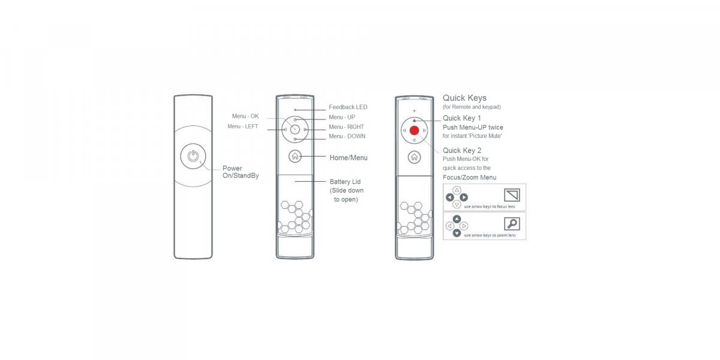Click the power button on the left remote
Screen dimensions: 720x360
point(193,156)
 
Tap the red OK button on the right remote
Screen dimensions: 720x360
point(415,130)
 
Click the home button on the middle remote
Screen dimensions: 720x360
point(295,156)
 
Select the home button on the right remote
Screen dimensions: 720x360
point(415,157)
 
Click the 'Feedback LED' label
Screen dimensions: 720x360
point(348,107)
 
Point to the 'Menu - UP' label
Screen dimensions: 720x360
point(342,117)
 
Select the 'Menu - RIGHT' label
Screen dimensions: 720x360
point(346,127)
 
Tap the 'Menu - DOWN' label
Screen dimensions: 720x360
point(347,136)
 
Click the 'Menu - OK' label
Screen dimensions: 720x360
point(245,116)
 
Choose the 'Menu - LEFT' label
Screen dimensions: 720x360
point(242,127)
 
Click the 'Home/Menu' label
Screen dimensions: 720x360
point(349,158)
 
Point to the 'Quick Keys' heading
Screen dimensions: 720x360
point(464,98)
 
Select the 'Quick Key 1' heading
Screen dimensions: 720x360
point(461,118)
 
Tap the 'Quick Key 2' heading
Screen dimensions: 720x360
point(462,151)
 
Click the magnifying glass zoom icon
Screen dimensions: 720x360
point(512,223)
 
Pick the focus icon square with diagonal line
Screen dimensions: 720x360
point(512,195)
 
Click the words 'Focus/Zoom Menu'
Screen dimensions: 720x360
point(469,178)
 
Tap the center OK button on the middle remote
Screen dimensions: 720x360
point(295,130)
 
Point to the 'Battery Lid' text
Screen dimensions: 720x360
point(345,182)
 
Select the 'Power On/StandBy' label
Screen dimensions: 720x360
point(241,172)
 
